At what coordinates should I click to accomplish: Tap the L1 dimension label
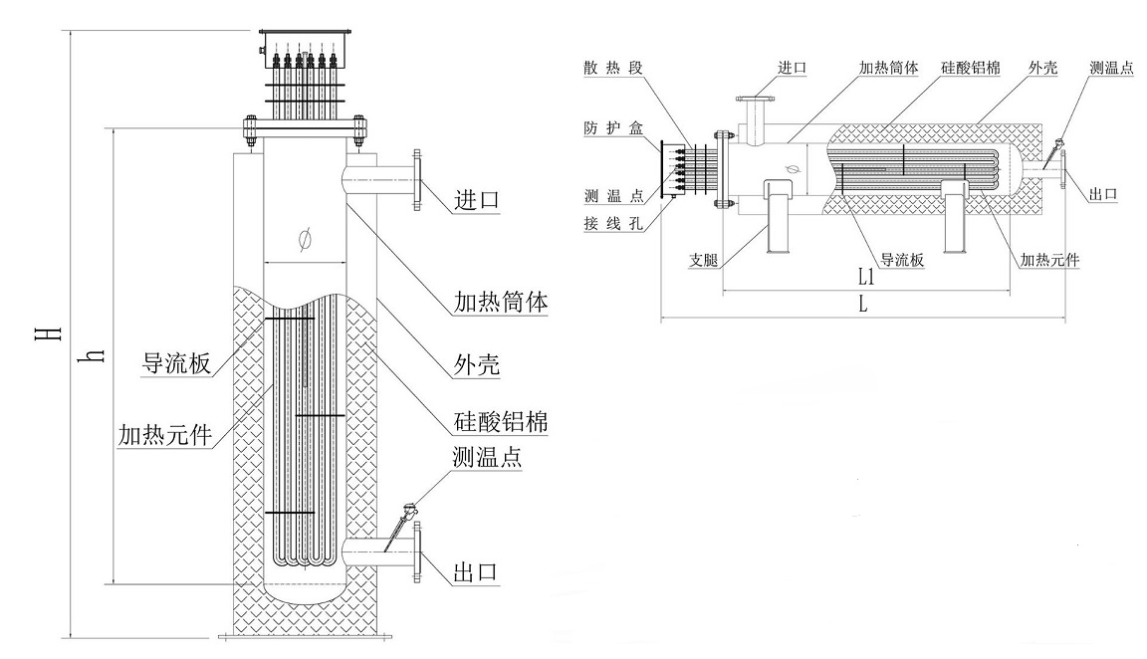pos(864,276)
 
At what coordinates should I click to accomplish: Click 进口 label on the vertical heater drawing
pos(475,200)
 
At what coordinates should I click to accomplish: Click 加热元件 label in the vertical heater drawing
pos(164,435)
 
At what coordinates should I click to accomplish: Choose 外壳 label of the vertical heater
pos(475,366)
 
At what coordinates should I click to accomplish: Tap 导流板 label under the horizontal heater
pos(902,260)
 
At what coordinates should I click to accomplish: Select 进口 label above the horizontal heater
pos(792,68)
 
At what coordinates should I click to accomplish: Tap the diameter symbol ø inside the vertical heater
pos(305,239)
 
